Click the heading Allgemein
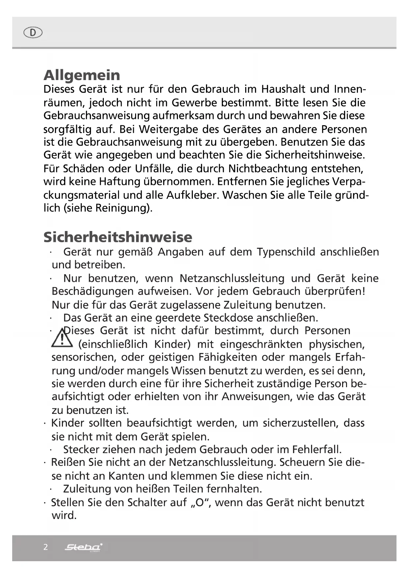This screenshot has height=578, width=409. click(x=82, y=75)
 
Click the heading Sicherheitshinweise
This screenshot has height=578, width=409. click(x=118, y=237)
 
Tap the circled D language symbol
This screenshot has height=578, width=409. click(x=33, y=33)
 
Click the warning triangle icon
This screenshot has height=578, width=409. click(x=62, y=338)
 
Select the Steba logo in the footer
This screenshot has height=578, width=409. click(x=83, y=547)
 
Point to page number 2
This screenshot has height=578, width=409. click(x=45, y=547)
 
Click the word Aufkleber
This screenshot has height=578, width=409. click(x=192, y=195)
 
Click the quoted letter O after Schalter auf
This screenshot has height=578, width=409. click(x=200, y=503)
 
